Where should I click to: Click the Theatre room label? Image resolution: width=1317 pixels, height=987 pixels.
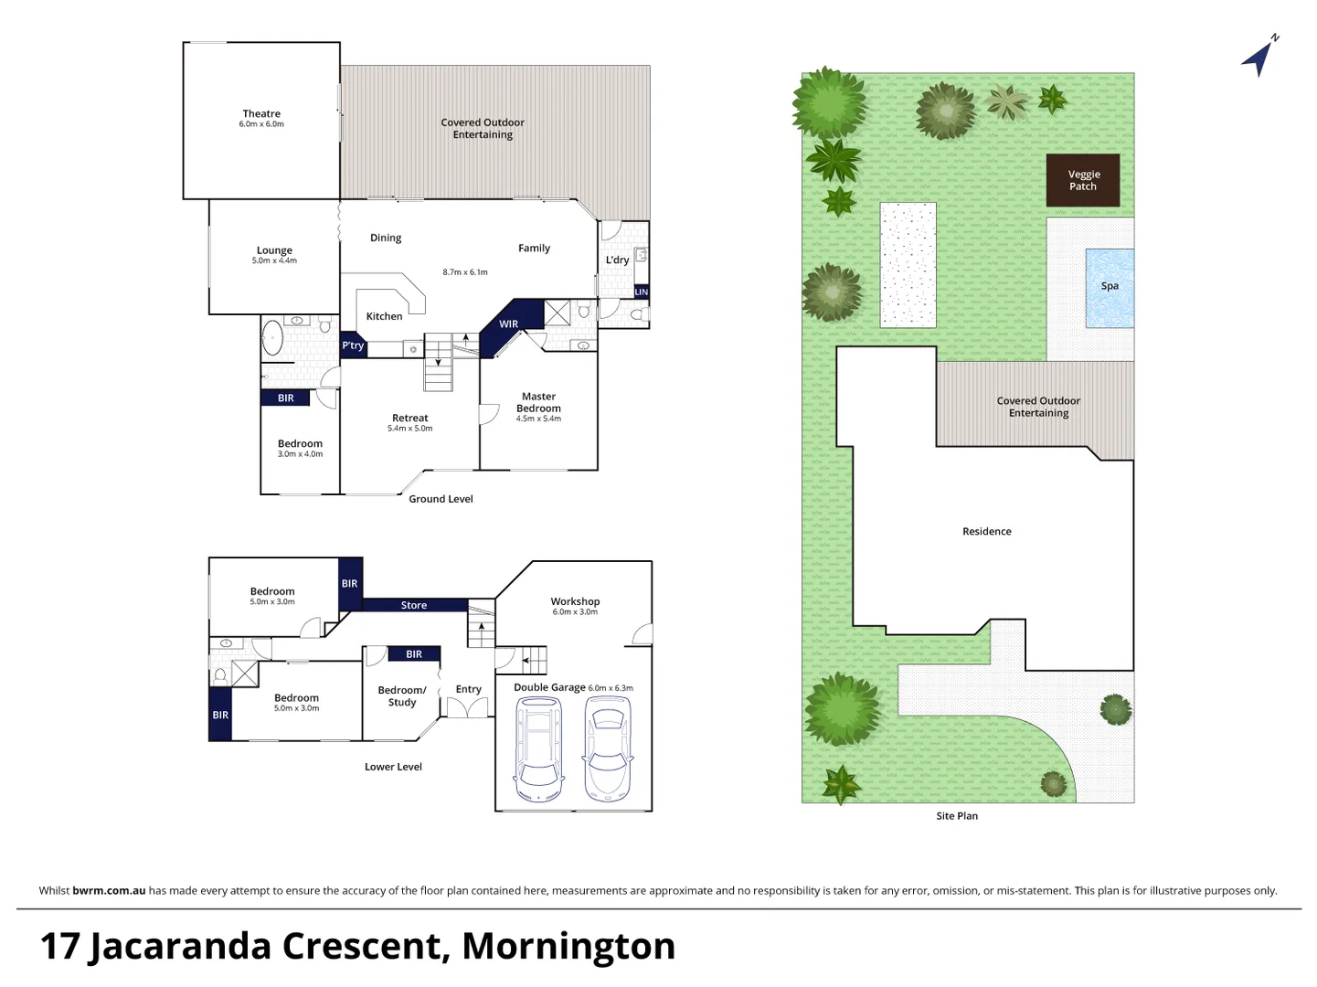261,114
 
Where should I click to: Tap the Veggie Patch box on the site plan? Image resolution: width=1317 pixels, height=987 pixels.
1083,180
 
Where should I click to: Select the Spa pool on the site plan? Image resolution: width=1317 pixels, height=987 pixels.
1110,287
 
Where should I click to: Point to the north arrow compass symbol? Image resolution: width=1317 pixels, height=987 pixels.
1259,57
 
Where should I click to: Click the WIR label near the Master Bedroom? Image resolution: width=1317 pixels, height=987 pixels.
508,324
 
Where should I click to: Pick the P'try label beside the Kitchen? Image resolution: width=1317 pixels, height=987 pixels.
353,345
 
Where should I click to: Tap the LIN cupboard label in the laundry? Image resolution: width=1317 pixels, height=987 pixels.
641,292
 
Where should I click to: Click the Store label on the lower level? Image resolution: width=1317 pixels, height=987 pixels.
414,605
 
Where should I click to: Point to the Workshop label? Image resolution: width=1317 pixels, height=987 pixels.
575,601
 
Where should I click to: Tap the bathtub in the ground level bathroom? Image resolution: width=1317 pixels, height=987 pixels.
272,337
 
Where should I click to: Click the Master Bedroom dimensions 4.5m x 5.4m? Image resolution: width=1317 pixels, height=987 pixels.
538,419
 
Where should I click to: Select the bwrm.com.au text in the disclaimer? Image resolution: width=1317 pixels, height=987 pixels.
109,891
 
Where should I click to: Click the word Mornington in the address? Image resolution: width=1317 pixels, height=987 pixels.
568,946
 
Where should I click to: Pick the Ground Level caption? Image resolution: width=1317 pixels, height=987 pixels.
441,499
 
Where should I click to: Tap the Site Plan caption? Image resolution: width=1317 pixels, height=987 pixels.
957,816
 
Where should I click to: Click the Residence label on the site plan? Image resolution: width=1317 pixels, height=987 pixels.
986,532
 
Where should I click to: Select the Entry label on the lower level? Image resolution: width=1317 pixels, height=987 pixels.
468,690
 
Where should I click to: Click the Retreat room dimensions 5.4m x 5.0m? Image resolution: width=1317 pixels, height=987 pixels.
410,429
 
